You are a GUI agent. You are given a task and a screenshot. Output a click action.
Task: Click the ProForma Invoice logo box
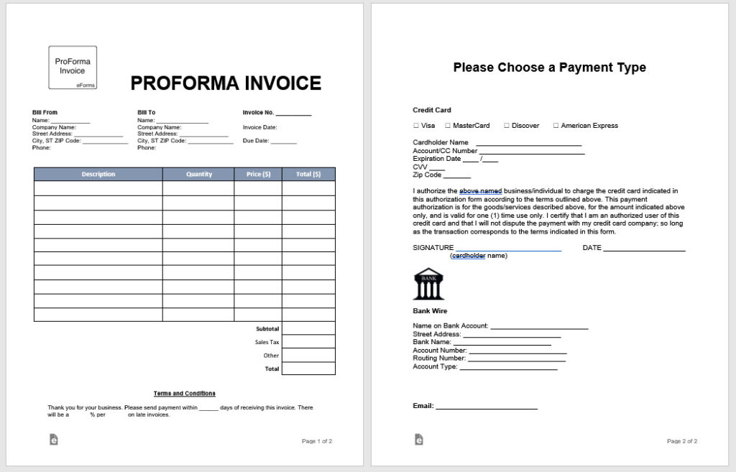73,68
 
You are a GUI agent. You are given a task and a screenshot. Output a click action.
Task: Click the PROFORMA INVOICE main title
226,83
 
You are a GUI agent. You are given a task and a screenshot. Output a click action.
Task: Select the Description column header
98,174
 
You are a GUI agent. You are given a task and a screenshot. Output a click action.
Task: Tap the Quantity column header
198,174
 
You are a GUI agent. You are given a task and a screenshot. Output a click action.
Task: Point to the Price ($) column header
258,174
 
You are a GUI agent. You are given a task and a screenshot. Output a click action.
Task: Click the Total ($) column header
308,174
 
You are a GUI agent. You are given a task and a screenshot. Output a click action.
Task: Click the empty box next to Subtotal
308,328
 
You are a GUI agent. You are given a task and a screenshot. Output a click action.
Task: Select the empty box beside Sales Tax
308,342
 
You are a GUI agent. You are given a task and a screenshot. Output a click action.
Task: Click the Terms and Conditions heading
185,394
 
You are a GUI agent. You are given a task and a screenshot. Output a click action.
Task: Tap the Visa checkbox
415,126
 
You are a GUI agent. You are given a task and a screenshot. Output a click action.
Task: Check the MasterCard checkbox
447,126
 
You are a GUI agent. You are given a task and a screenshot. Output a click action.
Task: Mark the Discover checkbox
506,126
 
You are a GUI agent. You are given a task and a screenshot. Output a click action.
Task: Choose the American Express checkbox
556,126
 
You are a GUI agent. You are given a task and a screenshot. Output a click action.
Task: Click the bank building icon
428,284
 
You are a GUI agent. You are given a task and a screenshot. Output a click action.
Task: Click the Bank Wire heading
430,311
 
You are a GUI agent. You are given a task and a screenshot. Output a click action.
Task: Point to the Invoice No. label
259,113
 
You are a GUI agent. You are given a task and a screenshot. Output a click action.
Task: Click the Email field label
423,406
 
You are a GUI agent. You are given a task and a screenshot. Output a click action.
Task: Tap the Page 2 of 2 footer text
682,441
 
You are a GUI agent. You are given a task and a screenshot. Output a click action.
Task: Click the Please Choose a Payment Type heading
550,68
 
